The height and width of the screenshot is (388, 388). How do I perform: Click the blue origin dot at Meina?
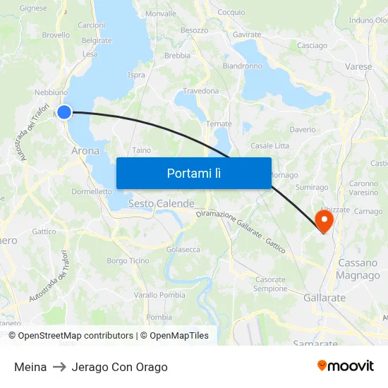click(64, 111)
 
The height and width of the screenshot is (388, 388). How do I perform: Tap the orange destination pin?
click(325, 220)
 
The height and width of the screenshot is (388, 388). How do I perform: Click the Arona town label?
click(85, 150)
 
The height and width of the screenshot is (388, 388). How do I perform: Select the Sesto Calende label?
click(161, 203)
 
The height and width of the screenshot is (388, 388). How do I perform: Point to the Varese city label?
click(358, 66)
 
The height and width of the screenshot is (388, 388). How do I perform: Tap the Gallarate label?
click(325, 298)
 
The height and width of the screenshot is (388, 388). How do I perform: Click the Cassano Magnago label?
click(358, 269)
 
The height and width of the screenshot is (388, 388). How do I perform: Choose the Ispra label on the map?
click(136, 75)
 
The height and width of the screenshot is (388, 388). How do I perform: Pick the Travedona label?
click(201, 91)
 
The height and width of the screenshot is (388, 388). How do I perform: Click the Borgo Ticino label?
click(128, 260)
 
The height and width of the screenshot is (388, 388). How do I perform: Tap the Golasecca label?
click(183, 249)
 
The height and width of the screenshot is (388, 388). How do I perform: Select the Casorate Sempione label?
click(270, 284)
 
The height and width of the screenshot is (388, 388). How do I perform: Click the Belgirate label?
click(97, 40)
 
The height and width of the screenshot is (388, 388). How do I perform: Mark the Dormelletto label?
click(92, 191)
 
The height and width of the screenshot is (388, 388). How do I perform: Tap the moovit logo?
click(346, 366)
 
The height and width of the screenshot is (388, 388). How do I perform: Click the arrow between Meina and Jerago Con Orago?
click(59, 367)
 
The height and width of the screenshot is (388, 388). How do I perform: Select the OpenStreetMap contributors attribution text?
click(75, 336)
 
